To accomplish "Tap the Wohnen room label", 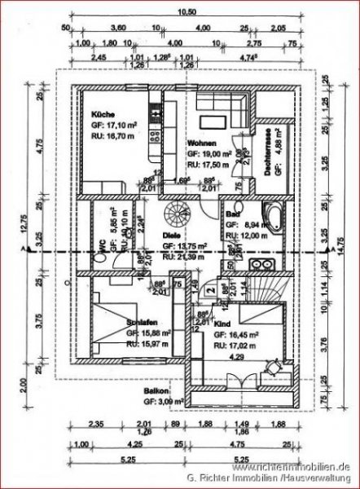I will (201, 143).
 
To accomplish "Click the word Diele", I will (173, 234).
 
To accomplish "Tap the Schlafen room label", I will (142, 322).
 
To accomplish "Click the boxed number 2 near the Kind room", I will (210, 290).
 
